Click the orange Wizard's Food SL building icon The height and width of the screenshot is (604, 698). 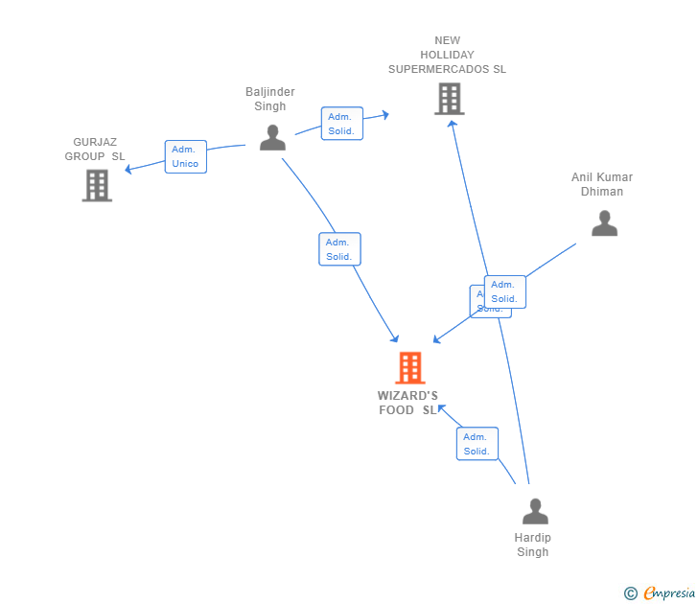pyautogui.click(x=409, y=368)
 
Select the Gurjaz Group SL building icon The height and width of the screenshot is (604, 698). pyautogui.click(x=97, y=186)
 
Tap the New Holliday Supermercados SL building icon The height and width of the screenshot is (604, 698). pyautogui.click(x=449, y=99)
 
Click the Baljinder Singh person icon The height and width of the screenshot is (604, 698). pyautogui.click(x=272, y=138)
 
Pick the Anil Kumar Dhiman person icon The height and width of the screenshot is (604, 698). pyautogui.click(x=604, y=223)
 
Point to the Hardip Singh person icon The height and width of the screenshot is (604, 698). pyautogui.click(x=535, y=512)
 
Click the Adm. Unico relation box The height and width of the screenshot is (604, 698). pyautogui.click(x=185, y=156)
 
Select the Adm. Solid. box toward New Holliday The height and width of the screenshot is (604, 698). pyautogui.click(x=341, y=124)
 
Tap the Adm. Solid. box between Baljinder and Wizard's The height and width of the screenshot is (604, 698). pyautogui.click(x=339, y=249)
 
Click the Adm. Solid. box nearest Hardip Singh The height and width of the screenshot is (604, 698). pyautogui.click(x=477, y=444)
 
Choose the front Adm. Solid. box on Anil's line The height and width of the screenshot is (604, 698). pyautogui.click(x=504, y=291)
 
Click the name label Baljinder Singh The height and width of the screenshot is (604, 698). pyautogui.click(x=270, y=100)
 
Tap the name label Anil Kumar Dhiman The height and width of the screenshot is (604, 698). pyautogui.click(x=602, y=184)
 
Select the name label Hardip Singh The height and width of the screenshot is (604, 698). pyautogui.click(x=533, y=545)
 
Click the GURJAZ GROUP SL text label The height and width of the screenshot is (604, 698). pyautogui.click(x=95, y=150)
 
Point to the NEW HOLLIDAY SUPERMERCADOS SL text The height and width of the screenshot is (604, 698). pyautogui.click(x=447, y=55)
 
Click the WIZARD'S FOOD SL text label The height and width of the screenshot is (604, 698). pyautogui.click(x=407, y=404)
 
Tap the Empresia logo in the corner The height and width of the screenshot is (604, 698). pyautogui.click(x=668, y=593)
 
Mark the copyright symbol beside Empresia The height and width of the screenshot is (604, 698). pyautogui.click(x=630, y=594)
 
